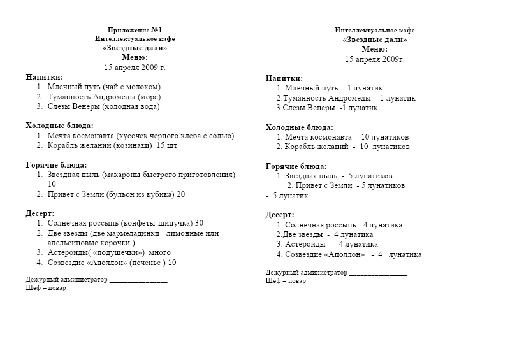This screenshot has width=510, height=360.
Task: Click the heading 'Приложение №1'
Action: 135,30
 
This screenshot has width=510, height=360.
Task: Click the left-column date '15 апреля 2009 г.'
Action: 135,66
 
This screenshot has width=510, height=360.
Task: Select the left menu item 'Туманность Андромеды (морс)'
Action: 104,97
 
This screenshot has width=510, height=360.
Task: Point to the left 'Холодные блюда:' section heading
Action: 59,126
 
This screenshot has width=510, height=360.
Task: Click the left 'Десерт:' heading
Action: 40,213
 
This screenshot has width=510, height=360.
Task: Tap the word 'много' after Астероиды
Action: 159,252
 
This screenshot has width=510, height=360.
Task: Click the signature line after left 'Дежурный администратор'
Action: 138,280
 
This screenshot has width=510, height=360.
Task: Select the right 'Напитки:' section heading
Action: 284,78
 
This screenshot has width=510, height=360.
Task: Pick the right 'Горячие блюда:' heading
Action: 296,166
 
